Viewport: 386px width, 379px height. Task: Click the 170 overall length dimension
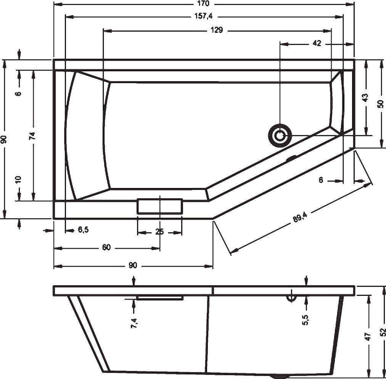[204, 4]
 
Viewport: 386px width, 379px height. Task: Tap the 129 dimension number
[216, 31]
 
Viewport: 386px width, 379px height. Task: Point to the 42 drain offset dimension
[316, 43]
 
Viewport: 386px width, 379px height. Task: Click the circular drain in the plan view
[280, 135]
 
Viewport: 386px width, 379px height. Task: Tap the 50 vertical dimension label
[380, 104]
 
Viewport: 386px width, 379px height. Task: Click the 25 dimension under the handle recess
[159, 232]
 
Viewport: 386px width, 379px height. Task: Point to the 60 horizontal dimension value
[106, 248]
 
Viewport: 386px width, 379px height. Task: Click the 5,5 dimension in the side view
[305, 317]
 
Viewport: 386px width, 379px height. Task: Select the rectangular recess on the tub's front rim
[160, 206]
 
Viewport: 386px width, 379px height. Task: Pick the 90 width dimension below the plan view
[132, 266]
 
